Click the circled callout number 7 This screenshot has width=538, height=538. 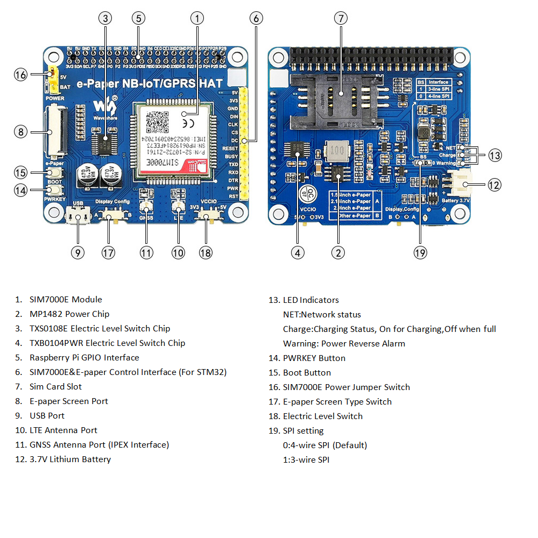340,18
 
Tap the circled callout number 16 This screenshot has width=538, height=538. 20,75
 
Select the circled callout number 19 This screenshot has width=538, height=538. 420,252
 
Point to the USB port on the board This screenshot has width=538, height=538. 78,218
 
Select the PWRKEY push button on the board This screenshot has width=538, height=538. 54,190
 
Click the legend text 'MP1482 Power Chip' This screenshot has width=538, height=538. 69,314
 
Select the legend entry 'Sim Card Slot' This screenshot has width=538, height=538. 56,387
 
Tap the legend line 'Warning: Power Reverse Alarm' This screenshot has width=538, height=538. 344,344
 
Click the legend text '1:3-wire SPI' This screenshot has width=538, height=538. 306,460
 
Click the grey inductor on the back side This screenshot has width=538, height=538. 339,152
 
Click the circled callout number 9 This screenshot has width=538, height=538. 77,252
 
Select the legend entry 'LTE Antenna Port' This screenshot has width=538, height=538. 63,430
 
